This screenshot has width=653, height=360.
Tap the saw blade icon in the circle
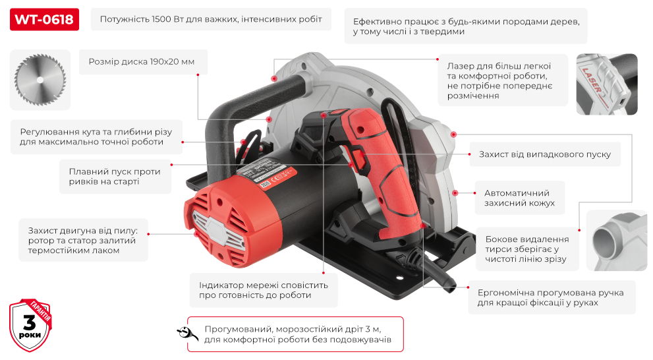click(37, 80)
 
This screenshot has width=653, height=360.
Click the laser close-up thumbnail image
click(606, 84)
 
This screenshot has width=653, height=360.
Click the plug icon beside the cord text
click(187, 334)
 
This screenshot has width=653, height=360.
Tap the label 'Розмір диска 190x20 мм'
click(142, 62)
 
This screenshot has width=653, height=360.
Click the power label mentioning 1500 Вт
click(210, 20)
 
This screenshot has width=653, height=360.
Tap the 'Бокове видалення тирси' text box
click(526, 249)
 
